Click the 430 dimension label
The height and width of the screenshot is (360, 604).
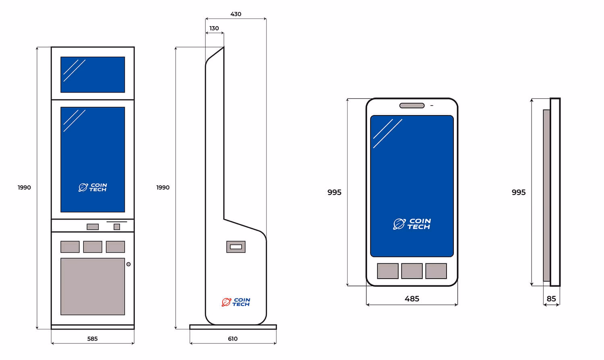pos(236,14)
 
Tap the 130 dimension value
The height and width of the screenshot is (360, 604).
pos(214,28)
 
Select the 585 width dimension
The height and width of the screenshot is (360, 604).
pos(92,339)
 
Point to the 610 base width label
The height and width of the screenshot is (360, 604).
pos(233,339)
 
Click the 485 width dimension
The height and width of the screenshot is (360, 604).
pos(412,299)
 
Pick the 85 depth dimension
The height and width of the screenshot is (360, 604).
pos(551,299)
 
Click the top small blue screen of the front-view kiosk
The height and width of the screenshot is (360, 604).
pos(93,74)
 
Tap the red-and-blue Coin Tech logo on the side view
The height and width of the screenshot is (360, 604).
pos(236,302)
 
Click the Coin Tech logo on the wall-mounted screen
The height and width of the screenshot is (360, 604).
pos(412,224)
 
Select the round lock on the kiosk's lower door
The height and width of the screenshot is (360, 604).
pos(128,264)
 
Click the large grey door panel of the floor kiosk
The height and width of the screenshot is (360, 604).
pos(93,286)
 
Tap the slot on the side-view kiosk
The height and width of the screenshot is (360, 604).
pos(236,247)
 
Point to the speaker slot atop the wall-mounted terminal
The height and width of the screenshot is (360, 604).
pos(412,106)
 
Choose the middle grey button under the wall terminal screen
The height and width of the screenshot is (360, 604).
pos(412,271)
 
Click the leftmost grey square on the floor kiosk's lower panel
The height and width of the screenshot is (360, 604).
pos(70,247)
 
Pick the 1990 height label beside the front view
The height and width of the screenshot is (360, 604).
pos(24,187)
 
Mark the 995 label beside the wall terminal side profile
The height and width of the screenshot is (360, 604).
pos(519,192)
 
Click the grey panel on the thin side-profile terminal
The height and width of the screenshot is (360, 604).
pos(546,195)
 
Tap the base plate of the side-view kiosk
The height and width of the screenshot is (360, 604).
pos(233,327)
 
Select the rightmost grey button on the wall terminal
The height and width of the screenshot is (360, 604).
pos(436,271)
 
